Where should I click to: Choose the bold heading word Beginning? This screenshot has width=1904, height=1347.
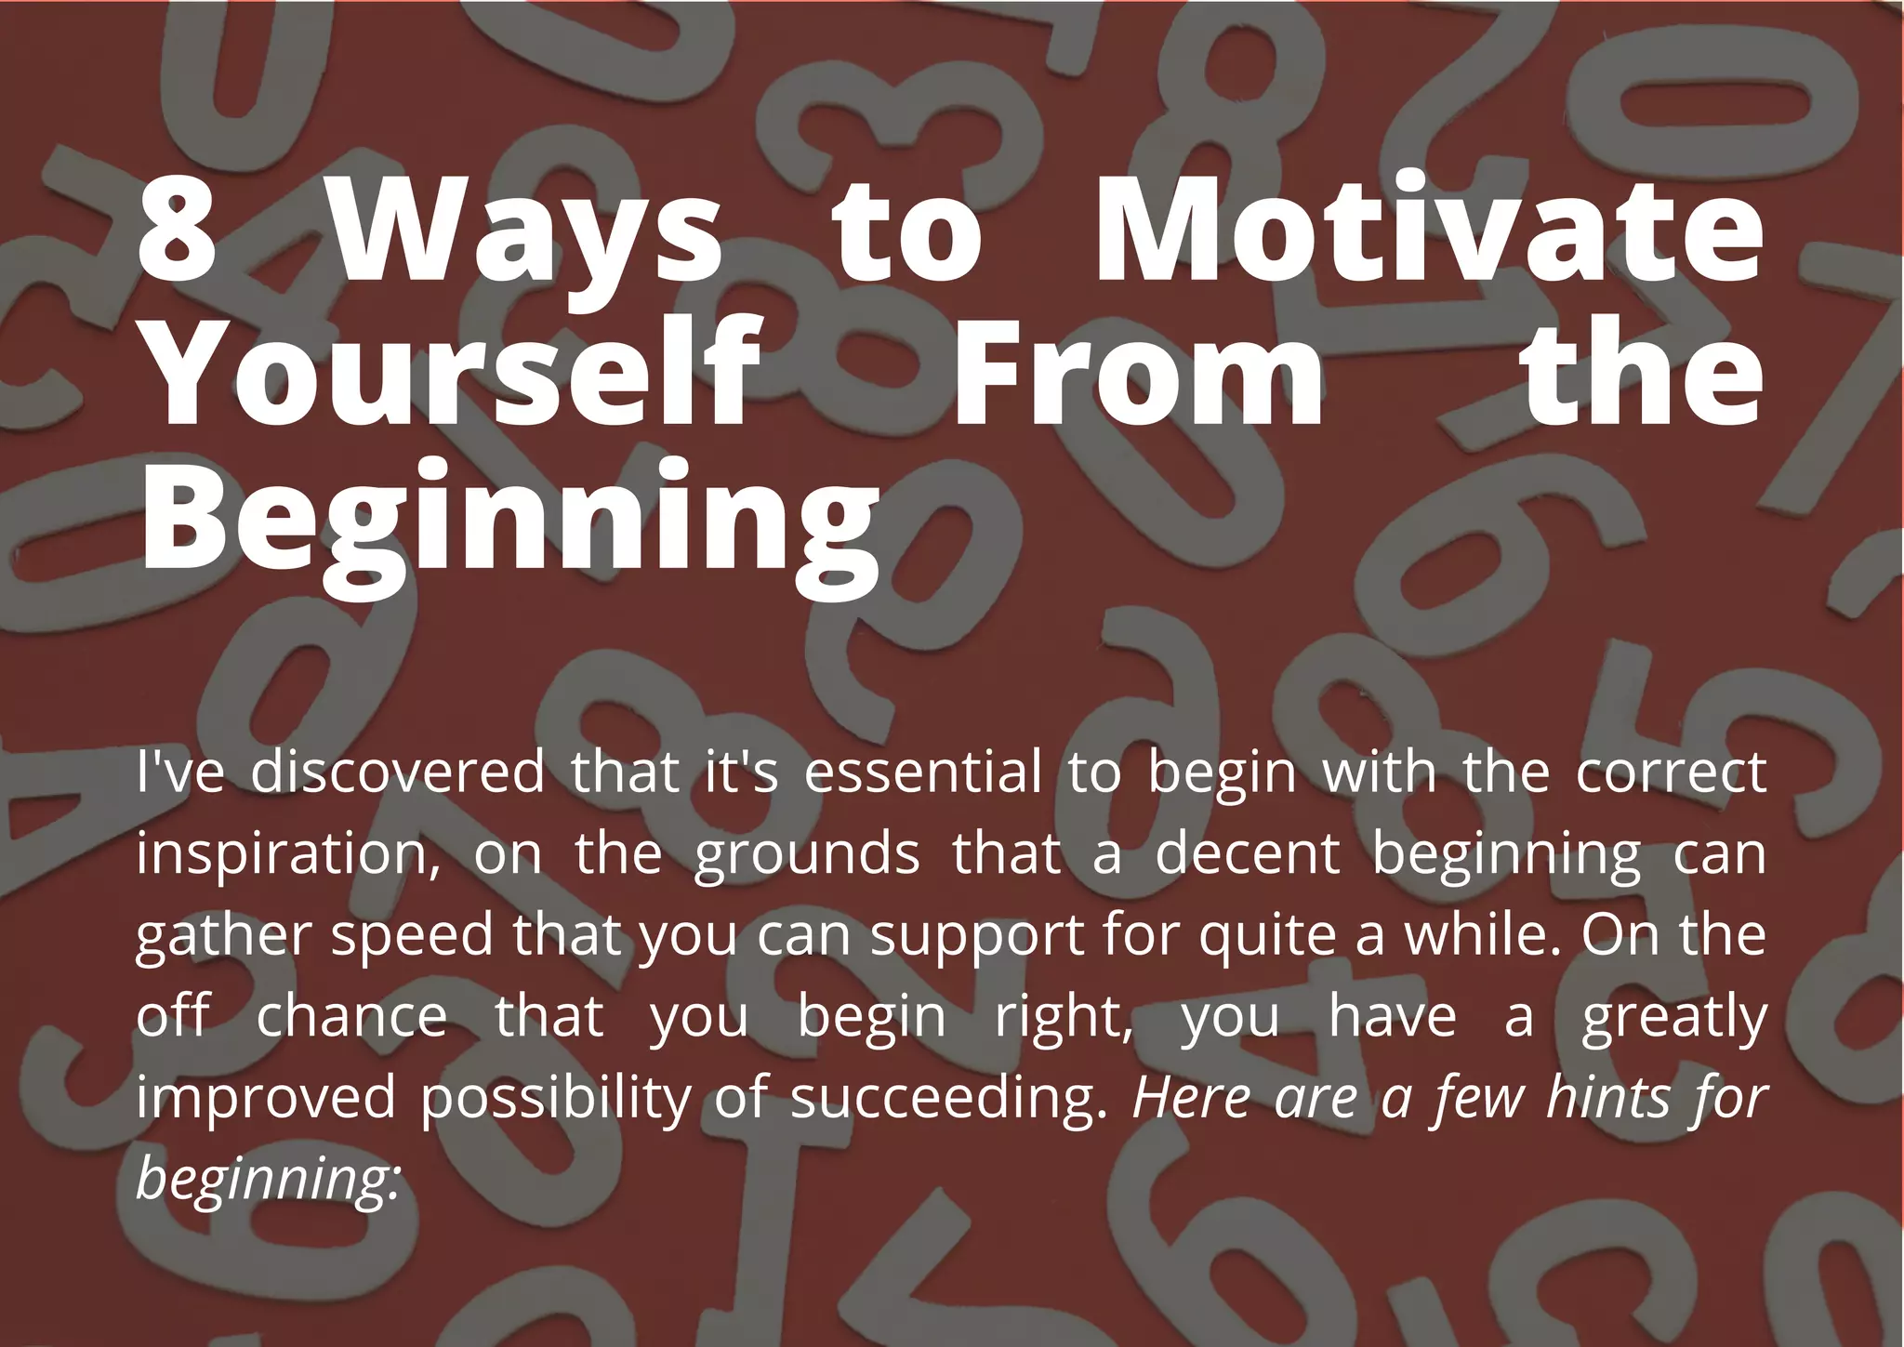point(509,521)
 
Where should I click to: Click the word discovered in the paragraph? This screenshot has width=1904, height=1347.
point(398,773)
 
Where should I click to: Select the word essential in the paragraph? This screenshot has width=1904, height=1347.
point(922,773)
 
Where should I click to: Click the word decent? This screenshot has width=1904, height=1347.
point(1247,853)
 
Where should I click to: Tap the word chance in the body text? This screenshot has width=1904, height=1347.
point(351,1016)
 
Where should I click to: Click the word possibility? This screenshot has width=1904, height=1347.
point(555,1099)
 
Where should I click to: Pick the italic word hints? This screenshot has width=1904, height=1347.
point(1608,1097)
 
